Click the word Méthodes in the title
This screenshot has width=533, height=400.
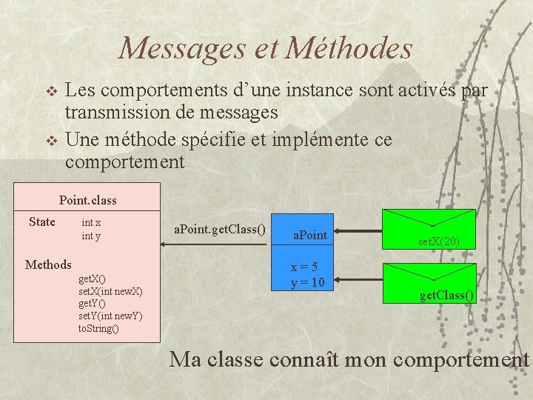click(349, 49)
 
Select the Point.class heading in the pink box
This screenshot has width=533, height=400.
click(88, 200)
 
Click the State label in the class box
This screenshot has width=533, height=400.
click(42, 221)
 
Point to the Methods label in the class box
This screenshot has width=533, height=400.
click(48, 264)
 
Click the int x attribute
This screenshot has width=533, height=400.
click(91, 222)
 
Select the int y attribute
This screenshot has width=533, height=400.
click(91, 236)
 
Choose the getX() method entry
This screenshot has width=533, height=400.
click(92, 279)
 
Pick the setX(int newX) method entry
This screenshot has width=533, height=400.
click(110, 291)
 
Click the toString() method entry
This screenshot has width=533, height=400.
click(98, 328)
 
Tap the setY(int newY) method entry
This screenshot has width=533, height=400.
click(110, 316)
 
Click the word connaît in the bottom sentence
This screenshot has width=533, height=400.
click(305, 360)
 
